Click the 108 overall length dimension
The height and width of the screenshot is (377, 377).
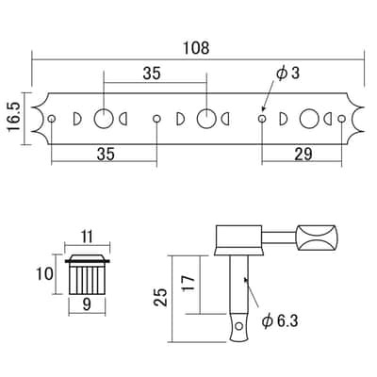(x=196, y=48)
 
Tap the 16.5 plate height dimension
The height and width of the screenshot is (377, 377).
(x=14, y=119)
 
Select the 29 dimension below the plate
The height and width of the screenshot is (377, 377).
(x=303, y=155)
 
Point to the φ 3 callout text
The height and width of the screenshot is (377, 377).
(x=287, y=74)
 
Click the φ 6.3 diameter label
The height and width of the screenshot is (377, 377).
(x=280, y=321)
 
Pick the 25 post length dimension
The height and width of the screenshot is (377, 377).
(x=160, y=297)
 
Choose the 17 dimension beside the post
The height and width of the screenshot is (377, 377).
(x=188, y=284)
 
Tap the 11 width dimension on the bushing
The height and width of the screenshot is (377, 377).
(x=87, y=237)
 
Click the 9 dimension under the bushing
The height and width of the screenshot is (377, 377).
(x=87, y=304)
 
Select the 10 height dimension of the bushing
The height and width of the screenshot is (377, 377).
(x=44, y=274)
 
